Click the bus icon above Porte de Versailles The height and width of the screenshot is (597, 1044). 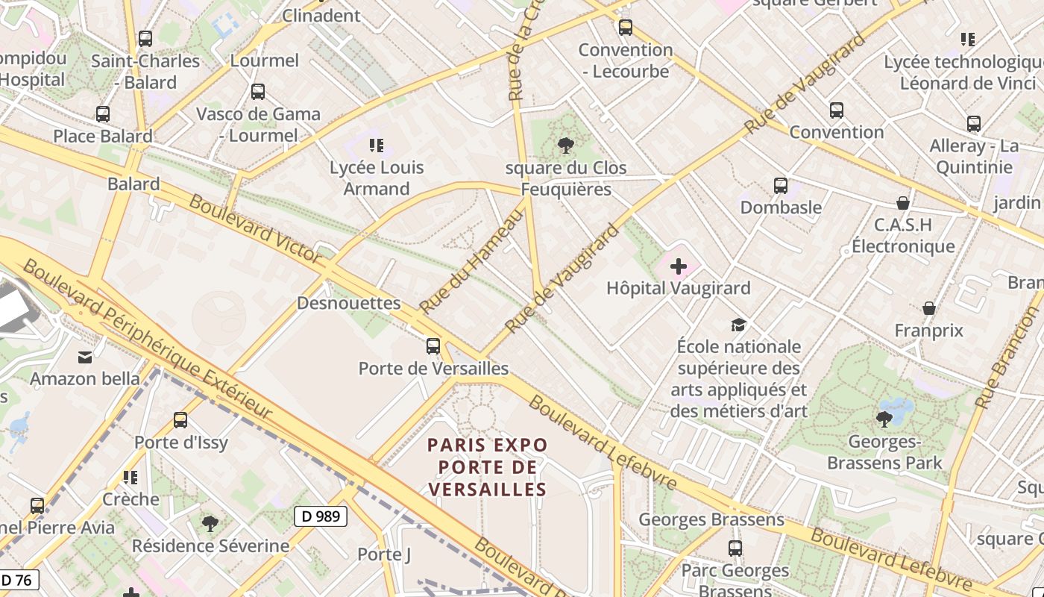click(433, 346)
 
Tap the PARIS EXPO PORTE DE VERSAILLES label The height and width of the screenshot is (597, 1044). click(487, 467)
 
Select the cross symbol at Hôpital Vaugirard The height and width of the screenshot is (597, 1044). click(679, 266)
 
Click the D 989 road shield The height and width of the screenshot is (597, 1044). click(321, 516)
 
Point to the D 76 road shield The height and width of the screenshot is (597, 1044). click(18, 580)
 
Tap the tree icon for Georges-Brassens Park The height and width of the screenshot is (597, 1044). click(884, 419)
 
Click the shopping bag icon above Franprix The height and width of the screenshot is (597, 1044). click(929, 307)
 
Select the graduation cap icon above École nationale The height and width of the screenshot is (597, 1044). click(738, 324)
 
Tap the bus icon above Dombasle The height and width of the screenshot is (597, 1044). click(780, 185)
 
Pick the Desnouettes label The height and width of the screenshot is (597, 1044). click(348, 303)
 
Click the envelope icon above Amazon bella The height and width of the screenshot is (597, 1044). click(85, 357)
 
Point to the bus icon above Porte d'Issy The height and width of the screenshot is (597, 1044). click(180, 419)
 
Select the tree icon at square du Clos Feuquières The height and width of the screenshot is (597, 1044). click(566, 145)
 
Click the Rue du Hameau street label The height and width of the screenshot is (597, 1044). click(471, 261)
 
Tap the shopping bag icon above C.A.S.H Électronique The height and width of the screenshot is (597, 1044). click(902, 202)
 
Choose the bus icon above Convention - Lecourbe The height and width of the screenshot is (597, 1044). click(625, 28)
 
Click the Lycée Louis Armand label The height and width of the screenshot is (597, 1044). click(377, 178)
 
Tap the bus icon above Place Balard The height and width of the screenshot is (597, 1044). click(103, 114)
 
